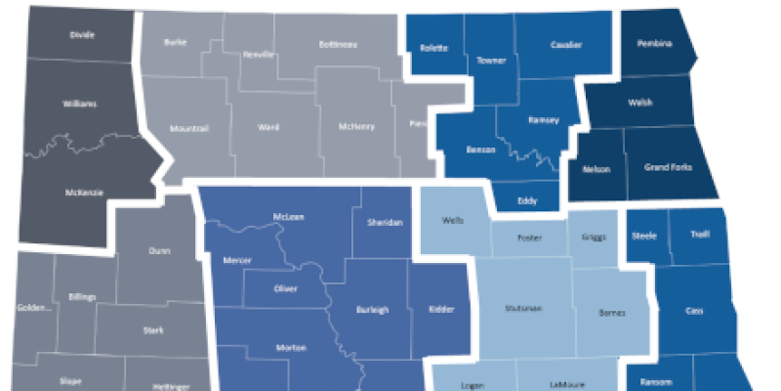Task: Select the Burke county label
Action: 176,43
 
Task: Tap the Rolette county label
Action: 434,47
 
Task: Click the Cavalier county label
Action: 566,45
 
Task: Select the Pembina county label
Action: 651,44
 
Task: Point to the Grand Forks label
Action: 668,167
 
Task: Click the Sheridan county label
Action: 385,223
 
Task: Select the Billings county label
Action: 82,295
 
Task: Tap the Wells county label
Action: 452,221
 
